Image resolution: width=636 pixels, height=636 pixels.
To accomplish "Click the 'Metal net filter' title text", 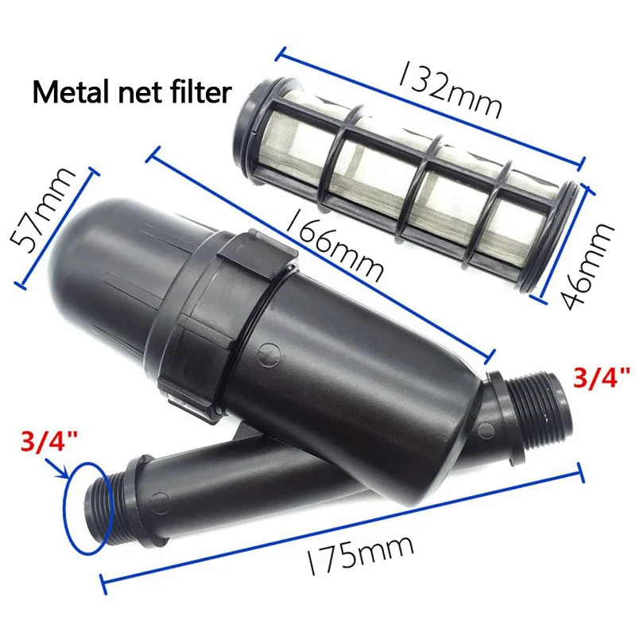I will click(132, 93).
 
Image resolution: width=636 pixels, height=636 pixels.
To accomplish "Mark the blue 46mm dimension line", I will click(565, 243).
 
